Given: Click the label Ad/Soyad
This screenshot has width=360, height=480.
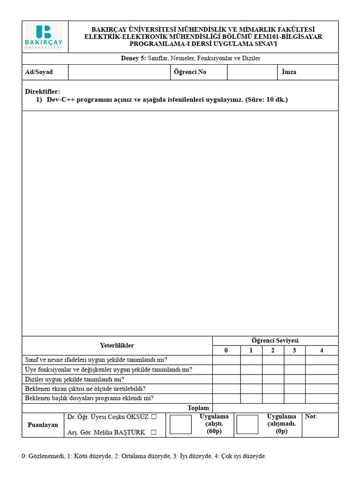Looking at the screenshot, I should pos(39,72).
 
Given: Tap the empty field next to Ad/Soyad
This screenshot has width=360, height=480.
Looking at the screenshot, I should pos(119,72).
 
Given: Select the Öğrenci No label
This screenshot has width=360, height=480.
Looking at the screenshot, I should pos(190,72).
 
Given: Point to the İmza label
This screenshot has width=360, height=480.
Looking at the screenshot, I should pos(289,72).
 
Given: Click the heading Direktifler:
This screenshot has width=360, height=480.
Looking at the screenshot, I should pos(43,91).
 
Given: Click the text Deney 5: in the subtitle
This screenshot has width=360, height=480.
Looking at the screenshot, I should pos(134,59).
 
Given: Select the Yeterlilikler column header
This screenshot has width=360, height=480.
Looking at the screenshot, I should pos(117,345).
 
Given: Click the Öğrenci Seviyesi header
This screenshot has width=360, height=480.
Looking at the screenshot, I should pos(275,341).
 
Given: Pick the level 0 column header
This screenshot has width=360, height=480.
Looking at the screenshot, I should pos(226,351).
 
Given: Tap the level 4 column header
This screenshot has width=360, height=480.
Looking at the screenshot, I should pos(322,351).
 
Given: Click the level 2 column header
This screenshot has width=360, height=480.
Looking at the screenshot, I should pos(273,351).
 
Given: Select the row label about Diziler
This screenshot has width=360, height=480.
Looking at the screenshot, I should pos(74,379).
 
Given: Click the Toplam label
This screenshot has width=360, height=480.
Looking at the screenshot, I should pos(198,408).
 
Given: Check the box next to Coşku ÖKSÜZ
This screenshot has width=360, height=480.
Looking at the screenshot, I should pos(154,417).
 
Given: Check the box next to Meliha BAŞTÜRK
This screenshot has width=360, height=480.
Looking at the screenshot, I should pos(154,433).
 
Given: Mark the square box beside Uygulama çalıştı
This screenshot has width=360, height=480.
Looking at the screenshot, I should pos(180,424).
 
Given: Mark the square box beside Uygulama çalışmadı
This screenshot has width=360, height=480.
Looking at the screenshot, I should pos(247,424).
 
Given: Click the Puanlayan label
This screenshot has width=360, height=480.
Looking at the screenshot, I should pos(43,425).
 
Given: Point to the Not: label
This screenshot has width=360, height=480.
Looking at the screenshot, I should pos(311,417).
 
